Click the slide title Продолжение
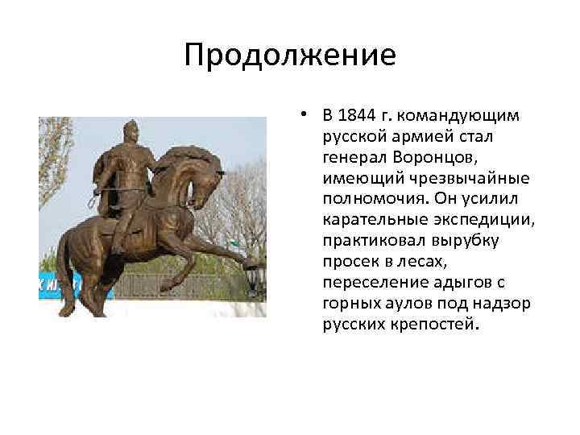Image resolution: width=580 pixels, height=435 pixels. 289,56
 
